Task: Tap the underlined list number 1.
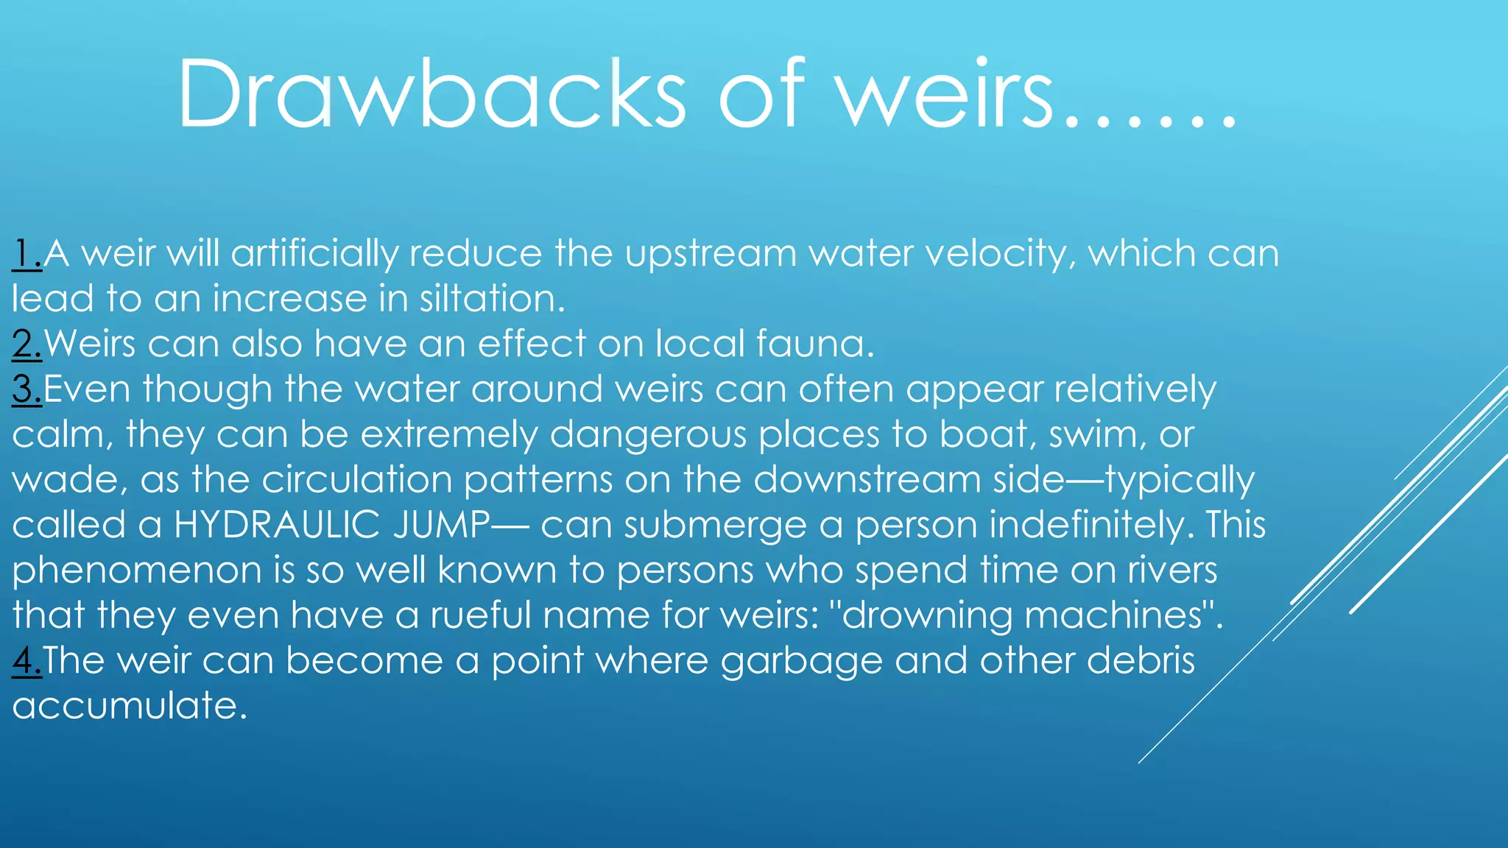coord(27,254)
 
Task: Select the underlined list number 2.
coord(27,344)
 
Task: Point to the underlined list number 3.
coord(27,389)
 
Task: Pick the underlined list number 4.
coord(27,660)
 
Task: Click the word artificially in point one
coord(314,254)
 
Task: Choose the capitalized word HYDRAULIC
coord(278,525)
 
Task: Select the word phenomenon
coord(137,571)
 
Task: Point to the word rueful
coord(480,615)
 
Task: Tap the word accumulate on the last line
coord(130,706)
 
